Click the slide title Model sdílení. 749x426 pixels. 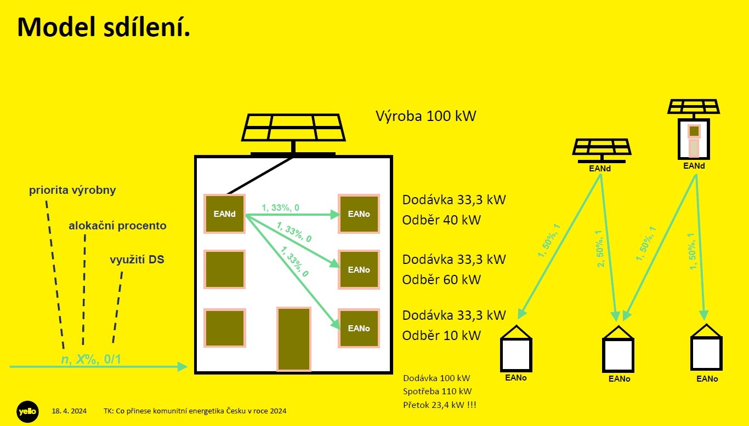[x=104, y=27]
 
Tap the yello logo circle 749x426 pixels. [x=26, y=411]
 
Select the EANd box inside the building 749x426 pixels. [x=224, y=214]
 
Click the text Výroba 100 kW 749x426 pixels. [x=426, y=116]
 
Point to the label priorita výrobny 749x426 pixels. [x=72, y=191]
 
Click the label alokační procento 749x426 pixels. [x=117, y=226]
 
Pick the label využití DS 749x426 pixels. [x=137, y=260]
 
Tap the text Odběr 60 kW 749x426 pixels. [x=441, y=280]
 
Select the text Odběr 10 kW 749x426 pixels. [x=441, y=336]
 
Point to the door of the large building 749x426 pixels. [x=294, y=339]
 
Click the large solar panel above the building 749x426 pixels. [x=293, y=128]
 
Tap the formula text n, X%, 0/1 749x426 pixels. [x=90, y=360]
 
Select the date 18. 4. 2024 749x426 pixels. [x=69, y=411]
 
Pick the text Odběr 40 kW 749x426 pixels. [x=441, y=220]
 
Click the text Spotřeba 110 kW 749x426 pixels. [x=437, y=392]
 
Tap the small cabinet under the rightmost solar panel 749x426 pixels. [x=694, y=139]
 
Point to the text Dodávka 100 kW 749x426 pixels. [x=436, y=378]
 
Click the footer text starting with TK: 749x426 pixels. [x=195, y=411]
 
